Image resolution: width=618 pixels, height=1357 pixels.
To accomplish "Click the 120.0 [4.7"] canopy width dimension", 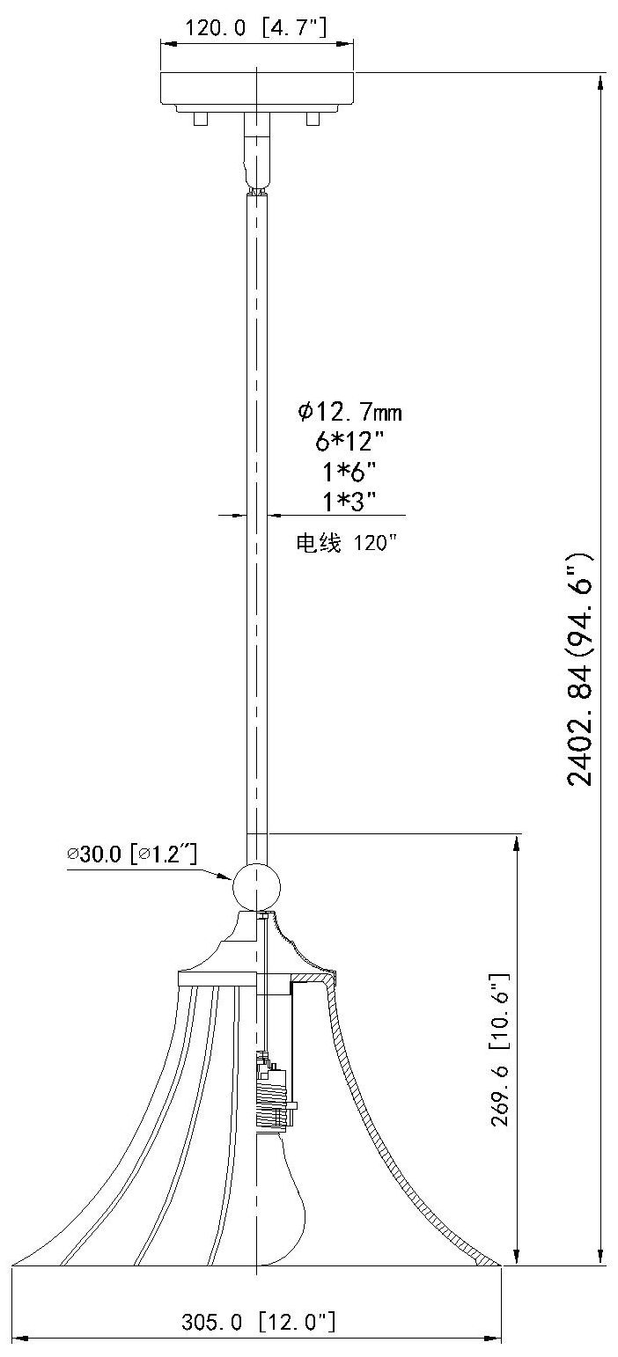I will point(255,27).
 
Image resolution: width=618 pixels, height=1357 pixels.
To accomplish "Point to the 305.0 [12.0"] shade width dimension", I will point(258,1321).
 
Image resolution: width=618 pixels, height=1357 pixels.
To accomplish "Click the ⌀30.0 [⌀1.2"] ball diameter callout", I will point(131,854).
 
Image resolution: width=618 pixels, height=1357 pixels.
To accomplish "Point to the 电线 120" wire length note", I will point(346,543).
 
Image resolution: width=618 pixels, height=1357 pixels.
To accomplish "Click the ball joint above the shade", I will point(256,886).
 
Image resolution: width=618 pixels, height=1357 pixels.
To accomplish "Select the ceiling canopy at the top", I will point(256,88).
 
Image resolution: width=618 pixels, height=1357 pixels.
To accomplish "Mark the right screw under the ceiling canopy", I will point(312,118).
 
